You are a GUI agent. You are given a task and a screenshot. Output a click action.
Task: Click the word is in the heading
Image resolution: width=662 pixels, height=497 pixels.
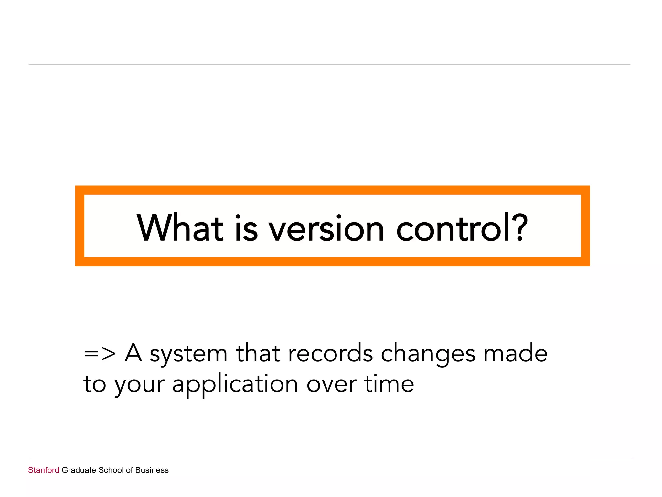[x=246, y=228]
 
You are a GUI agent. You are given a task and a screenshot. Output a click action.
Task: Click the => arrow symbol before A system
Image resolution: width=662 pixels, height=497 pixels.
[x=100, y=354]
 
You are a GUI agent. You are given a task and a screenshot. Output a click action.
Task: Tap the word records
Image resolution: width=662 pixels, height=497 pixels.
[x=330, y=353]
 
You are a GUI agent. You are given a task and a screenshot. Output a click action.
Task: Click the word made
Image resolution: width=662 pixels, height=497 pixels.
[x=515, y=353]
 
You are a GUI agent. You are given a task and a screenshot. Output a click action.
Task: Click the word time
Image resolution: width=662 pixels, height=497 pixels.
[x=389, y=384]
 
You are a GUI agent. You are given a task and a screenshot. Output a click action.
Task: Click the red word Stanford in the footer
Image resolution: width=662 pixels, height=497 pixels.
[x=44, y=470]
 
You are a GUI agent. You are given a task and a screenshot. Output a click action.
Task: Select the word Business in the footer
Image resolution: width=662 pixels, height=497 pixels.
[x=152, y=470]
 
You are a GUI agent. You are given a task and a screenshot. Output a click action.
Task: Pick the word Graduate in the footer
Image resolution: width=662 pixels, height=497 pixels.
[x=79, y=470]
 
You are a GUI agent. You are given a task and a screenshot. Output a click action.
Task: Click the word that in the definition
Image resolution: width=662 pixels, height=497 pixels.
[x=258, y=353]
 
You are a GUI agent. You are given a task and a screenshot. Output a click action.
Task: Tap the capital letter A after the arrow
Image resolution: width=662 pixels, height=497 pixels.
[x=133, y=353]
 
